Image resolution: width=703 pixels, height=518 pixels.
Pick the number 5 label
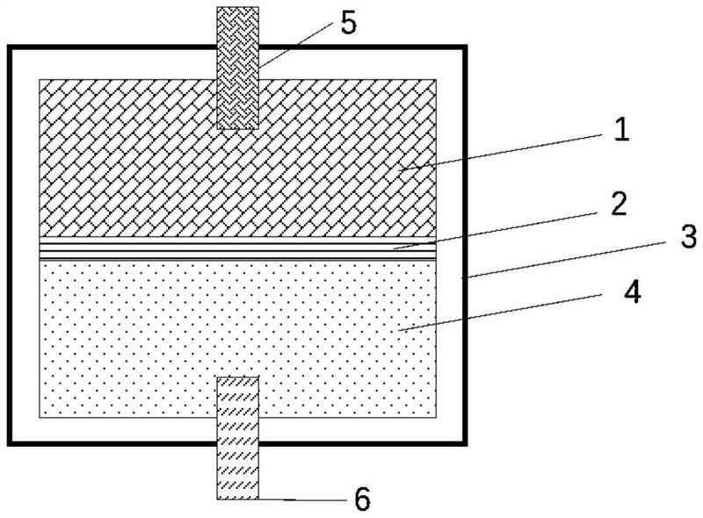click(349, 24)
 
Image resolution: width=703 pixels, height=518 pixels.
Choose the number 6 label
click(362, 500)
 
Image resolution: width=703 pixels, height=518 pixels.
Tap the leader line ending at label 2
click(501, 227)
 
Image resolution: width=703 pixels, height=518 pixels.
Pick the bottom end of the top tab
click(238, 127)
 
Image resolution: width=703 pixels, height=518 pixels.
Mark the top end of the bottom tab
click(238, 379)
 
